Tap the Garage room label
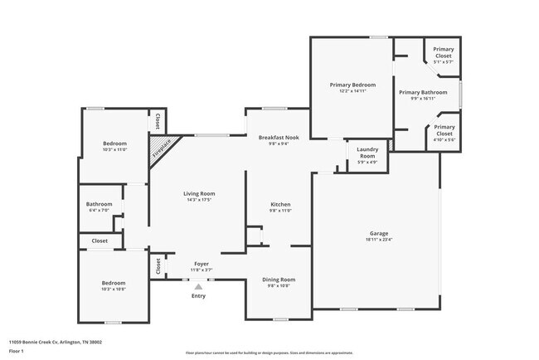379,233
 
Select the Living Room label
199,194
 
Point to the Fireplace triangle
160,151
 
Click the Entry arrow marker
198,287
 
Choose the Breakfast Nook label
273,137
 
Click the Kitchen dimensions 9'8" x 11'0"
280,211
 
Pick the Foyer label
202,263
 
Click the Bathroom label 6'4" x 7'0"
99,204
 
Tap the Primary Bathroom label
423,92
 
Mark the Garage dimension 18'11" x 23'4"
379,240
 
